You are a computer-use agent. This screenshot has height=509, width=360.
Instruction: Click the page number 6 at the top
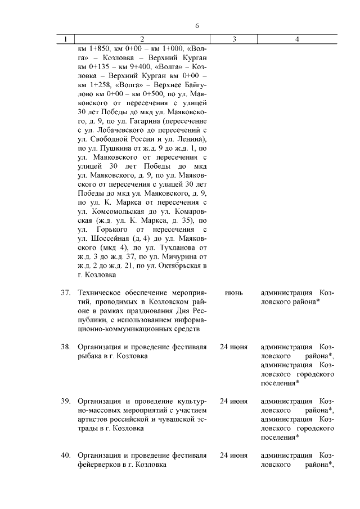click(x=197, y=26)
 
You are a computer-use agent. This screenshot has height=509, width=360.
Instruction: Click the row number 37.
click(x=65, y=293)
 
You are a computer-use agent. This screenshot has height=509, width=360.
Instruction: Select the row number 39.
click(x=65, y=401)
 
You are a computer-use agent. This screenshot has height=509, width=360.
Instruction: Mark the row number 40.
click(x=65, y=455)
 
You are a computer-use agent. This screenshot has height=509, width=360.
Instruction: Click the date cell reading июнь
click(x=233, y=293)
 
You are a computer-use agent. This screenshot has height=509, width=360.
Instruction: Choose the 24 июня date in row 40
click(x=233, y=455)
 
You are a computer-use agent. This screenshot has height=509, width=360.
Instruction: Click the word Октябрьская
click(x=181, y=265)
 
